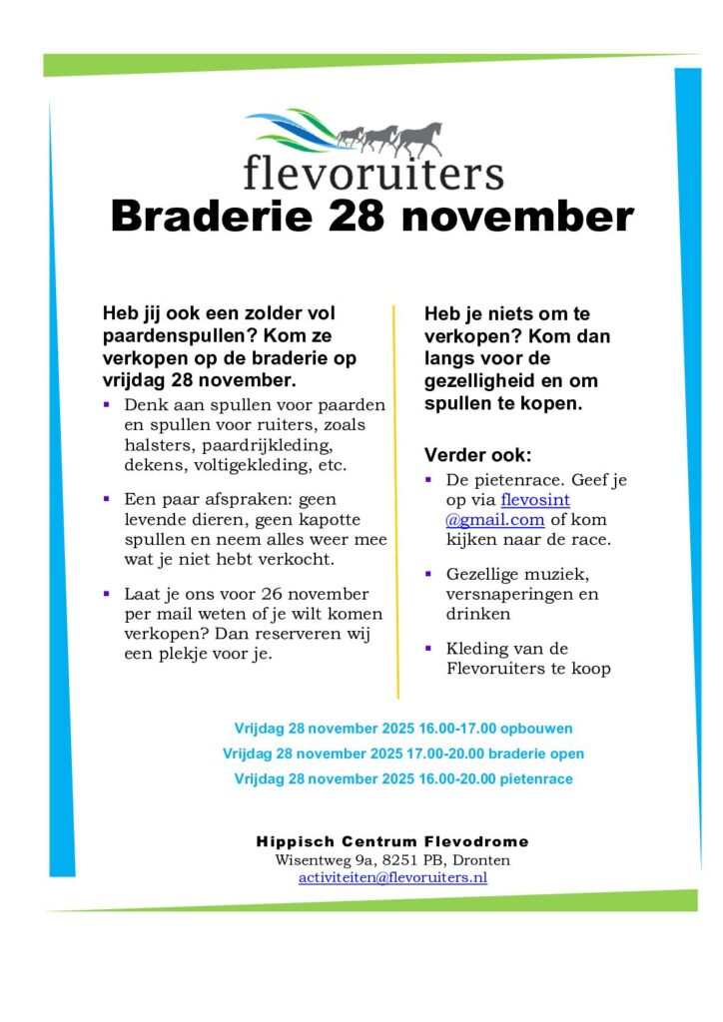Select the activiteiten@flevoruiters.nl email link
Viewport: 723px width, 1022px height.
[x=392, y=878]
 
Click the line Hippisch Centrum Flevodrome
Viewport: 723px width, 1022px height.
[x=392, y=841]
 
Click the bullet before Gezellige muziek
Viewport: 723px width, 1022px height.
[x=427, y=574]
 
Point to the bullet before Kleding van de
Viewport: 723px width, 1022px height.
[x=427, y=649]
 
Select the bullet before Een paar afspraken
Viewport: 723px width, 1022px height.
[x=106, y=497]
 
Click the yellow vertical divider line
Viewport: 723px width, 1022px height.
[x=397, y=499]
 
